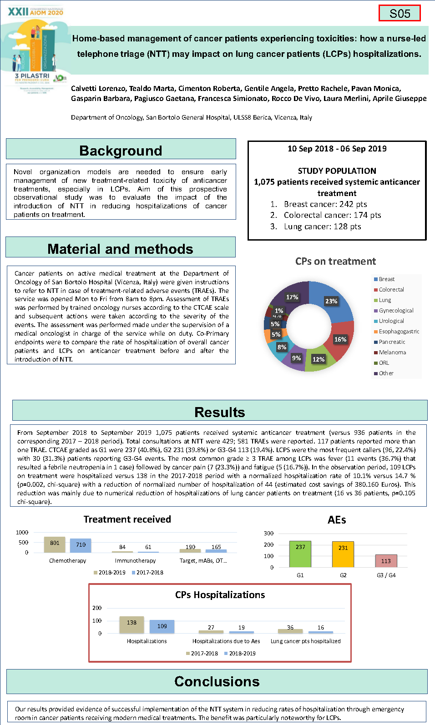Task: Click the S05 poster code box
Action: [400, 13]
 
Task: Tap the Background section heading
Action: [121, 150]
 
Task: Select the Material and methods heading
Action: [120, 249]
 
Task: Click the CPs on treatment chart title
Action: [335, 261]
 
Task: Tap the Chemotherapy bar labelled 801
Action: [55, 545]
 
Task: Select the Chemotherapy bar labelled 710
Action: [81, 545]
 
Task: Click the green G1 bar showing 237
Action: [300, 554]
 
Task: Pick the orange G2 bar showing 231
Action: [343, 554]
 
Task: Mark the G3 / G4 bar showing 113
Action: [386, 561]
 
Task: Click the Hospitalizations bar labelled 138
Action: [132, 625]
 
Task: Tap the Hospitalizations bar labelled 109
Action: [162, 627]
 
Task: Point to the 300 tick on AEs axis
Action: [269, 533]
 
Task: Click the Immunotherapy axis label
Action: [135, 561]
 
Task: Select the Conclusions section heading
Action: [217, 681]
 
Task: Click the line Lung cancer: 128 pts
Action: [322, 227]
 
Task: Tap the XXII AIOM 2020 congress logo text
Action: [35, 12]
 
